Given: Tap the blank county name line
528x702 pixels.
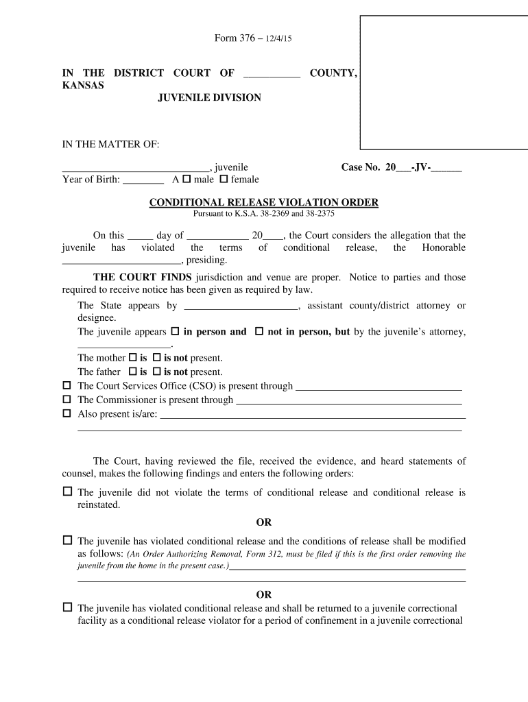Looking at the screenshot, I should click(272, 74).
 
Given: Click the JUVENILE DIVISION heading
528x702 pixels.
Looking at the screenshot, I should click(209, 98).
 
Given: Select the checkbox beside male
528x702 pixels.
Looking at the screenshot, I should click(187, 180).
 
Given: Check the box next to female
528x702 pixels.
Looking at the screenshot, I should click(224, 180).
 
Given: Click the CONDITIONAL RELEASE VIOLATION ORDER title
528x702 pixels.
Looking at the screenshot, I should click(264, 202).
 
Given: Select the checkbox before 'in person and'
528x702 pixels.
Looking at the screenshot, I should click(175, 332).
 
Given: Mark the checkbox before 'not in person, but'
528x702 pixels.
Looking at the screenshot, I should click(259, 332).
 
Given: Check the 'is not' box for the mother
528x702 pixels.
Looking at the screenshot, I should click(156, 358).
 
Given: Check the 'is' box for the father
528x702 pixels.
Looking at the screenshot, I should click(133, 372).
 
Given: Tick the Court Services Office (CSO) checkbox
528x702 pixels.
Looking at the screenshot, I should click(67, 386).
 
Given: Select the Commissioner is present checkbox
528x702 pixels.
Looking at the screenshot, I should click(67, 400).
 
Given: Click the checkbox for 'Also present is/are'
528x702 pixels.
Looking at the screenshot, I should click(67, 414).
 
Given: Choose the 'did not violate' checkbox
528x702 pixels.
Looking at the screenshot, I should click(67, 492).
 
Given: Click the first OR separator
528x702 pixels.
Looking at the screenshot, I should click(264, 523).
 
